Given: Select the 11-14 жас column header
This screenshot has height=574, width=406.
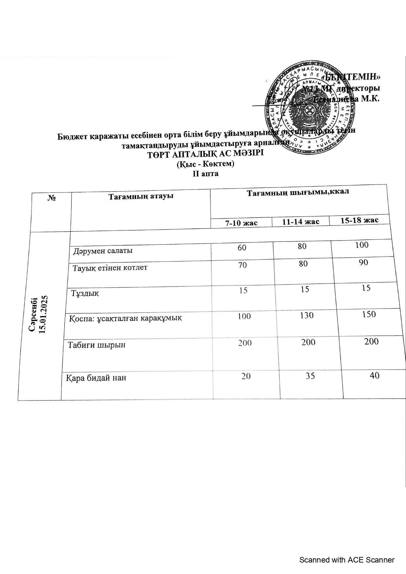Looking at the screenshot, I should [x=301, y=222].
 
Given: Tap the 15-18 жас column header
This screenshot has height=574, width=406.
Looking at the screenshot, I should [x=360, y=220].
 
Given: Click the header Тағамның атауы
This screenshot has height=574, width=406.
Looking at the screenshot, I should [x=141, y=196].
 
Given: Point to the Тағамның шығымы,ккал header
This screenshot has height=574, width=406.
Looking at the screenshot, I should [x=298, y=192].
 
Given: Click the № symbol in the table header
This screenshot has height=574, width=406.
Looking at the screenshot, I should [x=51, y=198].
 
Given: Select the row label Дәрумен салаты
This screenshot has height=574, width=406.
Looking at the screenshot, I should [x=103, y=251].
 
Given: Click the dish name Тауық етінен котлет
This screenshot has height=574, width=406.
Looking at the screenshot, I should [x=110, y=268].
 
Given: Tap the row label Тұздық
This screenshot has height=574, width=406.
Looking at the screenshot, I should [x=85, y=293].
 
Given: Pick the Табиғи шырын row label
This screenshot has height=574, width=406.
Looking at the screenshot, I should [x=97, y=345].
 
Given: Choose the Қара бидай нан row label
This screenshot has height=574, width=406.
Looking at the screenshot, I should [x=96, y=378].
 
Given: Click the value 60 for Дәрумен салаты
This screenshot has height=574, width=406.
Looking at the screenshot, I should [x=242, y=247].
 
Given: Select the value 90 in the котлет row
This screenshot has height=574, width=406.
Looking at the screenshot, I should [x=363, y=262].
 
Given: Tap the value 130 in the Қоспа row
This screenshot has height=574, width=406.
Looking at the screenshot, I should [x=306, y=315].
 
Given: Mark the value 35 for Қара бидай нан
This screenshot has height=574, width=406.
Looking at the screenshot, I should [x=310, y=376].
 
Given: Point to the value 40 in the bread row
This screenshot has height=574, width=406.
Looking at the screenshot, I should [x=375, y=375].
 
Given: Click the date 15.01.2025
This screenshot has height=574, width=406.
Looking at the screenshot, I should [x=44, y=314].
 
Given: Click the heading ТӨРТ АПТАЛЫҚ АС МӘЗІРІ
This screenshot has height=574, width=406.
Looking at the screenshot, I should [x=205, y=154].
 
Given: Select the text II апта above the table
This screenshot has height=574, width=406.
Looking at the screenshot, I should [x=205, y=174].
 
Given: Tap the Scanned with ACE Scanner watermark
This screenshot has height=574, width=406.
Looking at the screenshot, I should [x=347, y=560].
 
